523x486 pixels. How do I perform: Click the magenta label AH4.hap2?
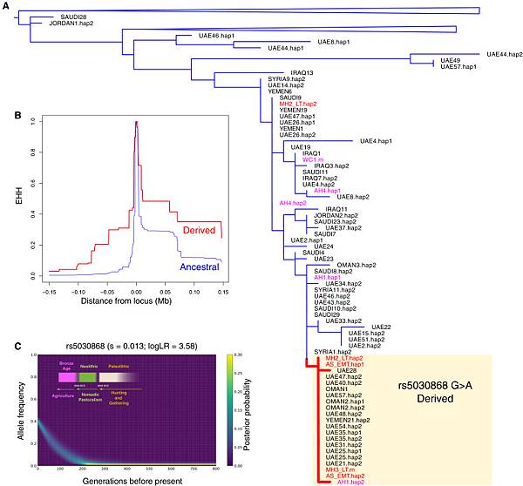293,202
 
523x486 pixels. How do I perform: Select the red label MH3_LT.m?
338,469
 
